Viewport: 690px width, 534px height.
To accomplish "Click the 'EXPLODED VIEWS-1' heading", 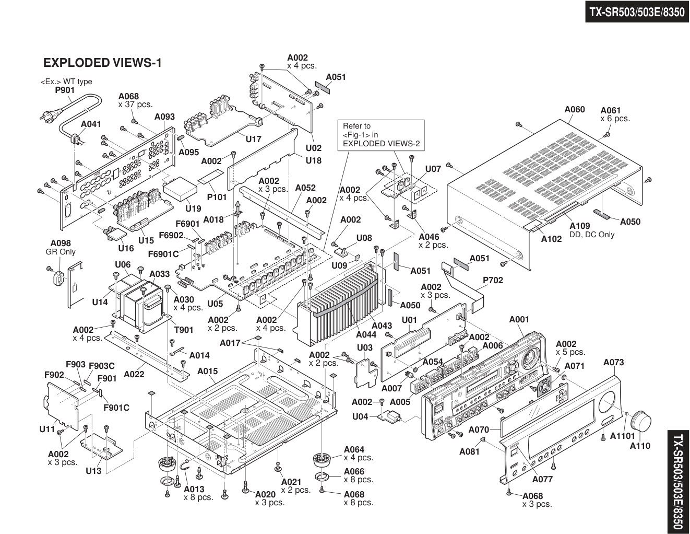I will coord(102,63).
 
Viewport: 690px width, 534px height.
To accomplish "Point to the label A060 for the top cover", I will coord(575,110).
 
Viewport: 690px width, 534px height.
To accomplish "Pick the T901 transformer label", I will coord(183,330).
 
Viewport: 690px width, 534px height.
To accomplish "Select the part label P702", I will coord(493,280).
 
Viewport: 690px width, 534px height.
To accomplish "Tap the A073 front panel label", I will coord(613,362).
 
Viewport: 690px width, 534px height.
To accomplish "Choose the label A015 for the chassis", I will coord(207,371).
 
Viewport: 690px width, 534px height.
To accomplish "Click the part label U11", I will coord(47,429).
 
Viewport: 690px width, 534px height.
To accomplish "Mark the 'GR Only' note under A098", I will coord(61,252).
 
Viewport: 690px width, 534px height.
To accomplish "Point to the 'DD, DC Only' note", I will coord(592,235).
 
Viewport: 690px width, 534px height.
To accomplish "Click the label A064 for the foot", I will coord(354,449).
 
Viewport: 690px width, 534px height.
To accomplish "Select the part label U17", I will coord(253,140).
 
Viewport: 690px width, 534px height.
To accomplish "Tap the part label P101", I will coord(217,197).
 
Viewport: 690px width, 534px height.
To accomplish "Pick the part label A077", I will coord(542,479).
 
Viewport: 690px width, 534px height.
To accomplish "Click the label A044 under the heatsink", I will coord(366,335).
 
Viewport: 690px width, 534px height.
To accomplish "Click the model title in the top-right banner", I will coord(636,12).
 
